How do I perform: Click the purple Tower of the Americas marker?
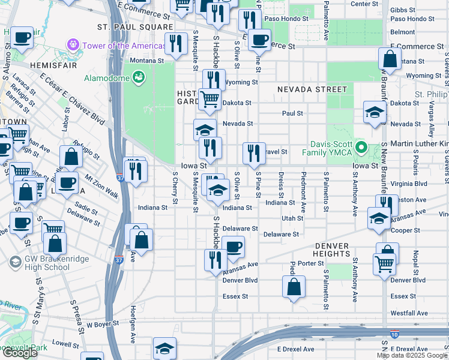point(74,44)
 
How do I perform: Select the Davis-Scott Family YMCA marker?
point(361,147)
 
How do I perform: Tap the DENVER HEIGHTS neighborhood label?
point(331,250)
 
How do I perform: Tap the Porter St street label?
point(310,263)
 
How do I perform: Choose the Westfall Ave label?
point(409,313)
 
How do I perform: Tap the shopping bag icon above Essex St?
point(294,287)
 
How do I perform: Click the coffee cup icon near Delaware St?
point(233,245)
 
